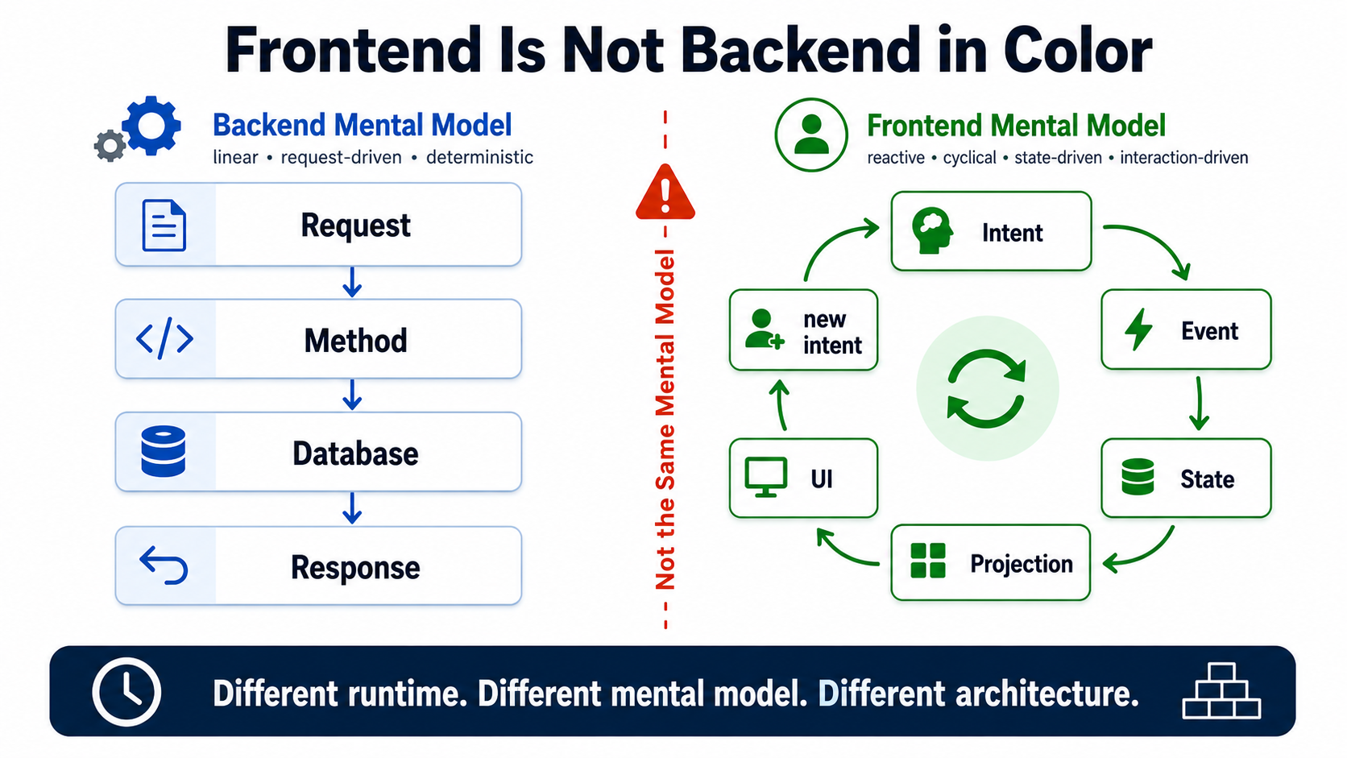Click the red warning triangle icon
pos(665,192)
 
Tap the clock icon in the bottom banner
pos(126,691)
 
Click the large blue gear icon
pos(151,126)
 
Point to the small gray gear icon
pos(110,146)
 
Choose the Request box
pos(318,225)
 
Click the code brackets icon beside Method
pos(164,338)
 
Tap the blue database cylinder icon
pos(163,451)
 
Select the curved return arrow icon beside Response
pos(164,565)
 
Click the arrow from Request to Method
pos(352,282)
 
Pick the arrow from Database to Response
pos(352,508)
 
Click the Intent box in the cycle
pos(991,231)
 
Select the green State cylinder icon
pos(1138,477)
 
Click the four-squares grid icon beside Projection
pos(928,561)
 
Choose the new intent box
pos(803,330)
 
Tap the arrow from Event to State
pos(1199,403)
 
